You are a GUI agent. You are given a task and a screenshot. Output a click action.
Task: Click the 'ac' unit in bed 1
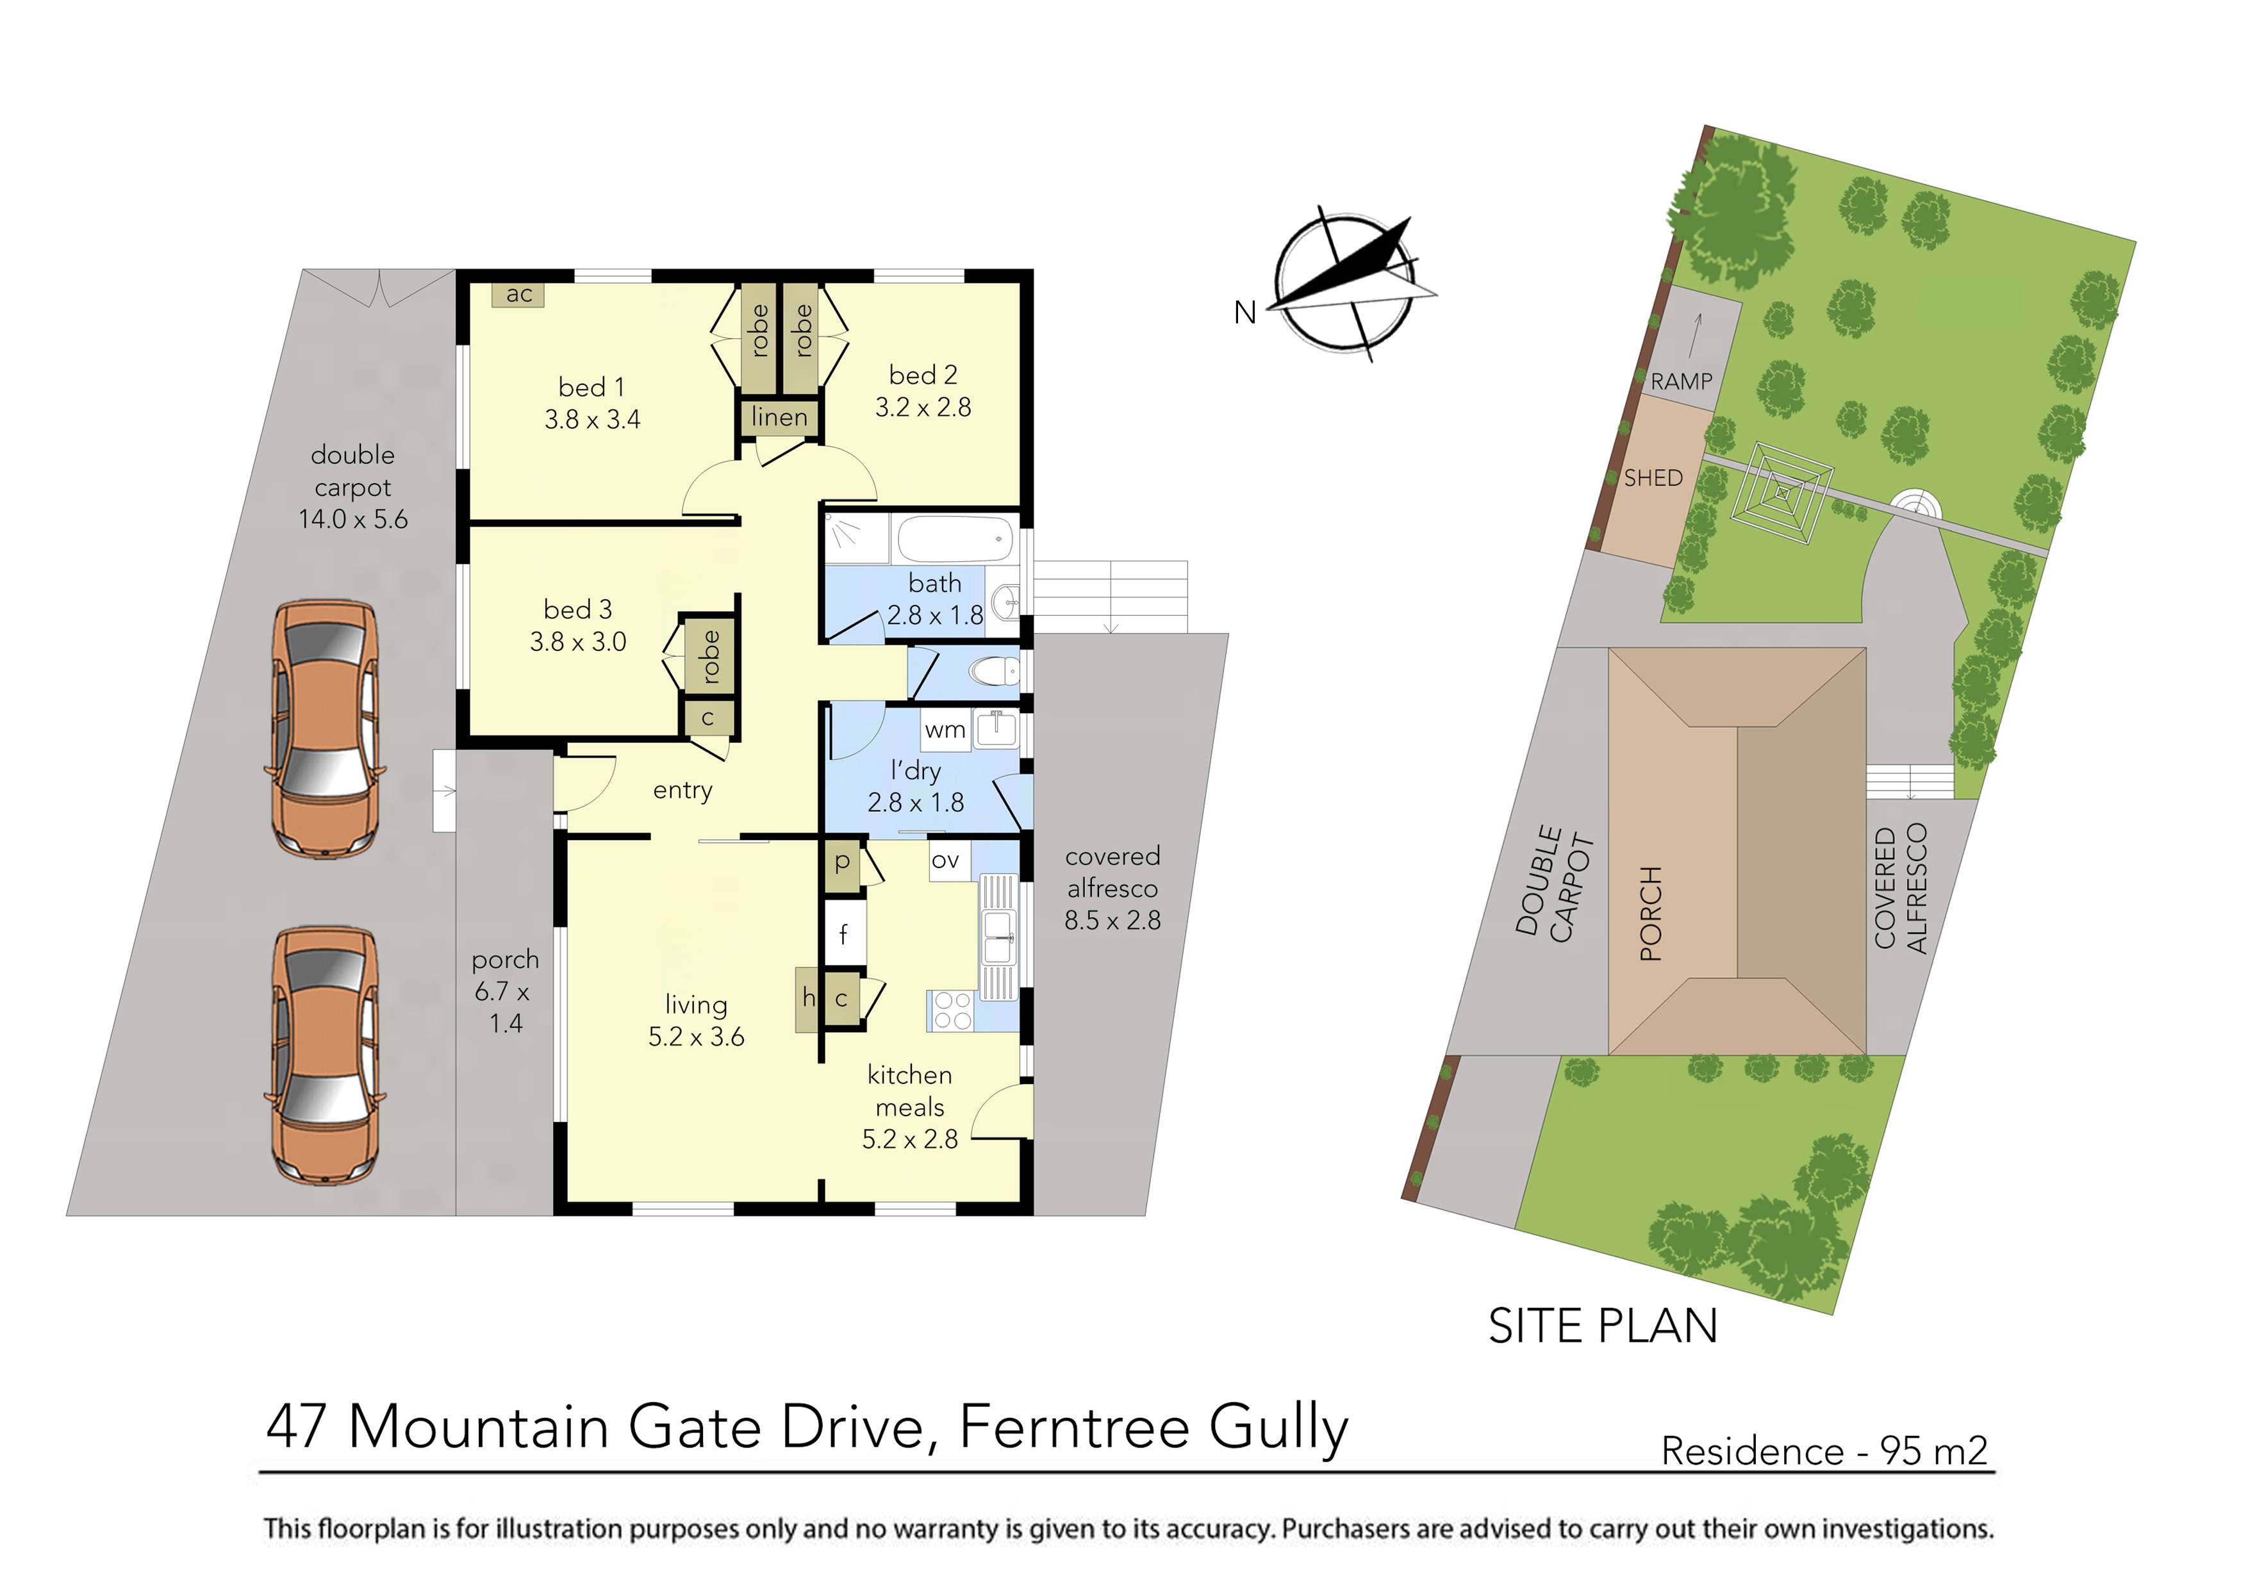pos(519,293)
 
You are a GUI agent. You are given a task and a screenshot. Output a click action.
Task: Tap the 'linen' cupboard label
pos(779,418)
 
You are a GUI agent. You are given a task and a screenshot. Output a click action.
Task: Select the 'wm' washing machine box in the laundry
pos(945,729)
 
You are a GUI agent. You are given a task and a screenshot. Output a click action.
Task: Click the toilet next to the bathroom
pos(995,671)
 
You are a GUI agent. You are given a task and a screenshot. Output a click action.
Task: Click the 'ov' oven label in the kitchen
pos(946,860)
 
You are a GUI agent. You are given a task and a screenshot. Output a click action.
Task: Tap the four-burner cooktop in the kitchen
pos(952,1010)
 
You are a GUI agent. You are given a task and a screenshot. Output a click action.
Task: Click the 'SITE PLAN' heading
pos(1603,1326)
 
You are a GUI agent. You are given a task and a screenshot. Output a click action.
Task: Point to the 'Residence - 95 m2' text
pos(1824,1450)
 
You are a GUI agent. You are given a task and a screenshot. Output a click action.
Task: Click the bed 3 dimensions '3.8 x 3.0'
pos(577,642)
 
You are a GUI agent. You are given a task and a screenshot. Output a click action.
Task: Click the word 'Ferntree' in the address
pos(1074,1428)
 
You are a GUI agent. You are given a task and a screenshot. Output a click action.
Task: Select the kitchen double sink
pos(998,937)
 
